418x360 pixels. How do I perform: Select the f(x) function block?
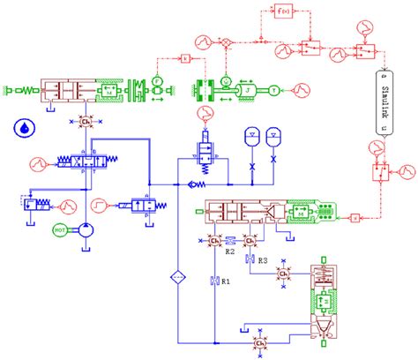[284, 12]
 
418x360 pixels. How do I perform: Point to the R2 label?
[229, 252]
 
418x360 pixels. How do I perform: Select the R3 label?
[262, 259]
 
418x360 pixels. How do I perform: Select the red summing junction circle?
[226, 42]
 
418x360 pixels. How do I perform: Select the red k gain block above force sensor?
[185, 58]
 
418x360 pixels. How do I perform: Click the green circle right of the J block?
[273, 89]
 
